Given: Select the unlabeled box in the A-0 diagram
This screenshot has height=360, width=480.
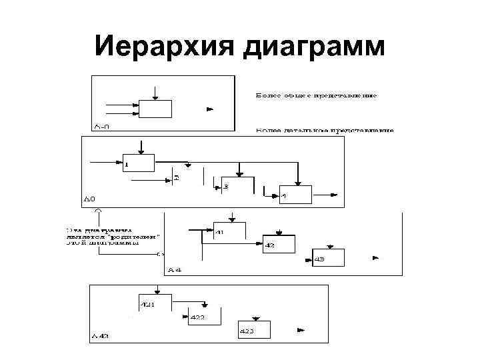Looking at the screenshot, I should (x=155, y=109).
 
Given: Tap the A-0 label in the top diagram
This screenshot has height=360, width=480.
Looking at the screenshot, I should (x=102, y=125).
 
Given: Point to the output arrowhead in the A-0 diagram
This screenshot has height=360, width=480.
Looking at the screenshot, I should (x=210, y=108).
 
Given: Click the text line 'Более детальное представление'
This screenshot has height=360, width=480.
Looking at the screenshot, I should (x=325, y=130).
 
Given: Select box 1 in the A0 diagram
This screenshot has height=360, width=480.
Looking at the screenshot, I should (x=139, y=162).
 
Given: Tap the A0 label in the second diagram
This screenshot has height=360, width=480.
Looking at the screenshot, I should (x=89, y=199).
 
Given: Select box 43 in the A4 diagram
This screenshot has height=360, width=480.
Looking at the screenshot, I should (x=327, y=258).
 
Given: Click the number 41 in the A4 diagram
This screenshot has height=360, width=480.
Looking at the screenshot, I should (x=221, y=233).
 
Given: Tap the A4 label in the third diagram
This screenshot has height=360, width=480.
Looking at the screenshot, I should (x=175, y=269).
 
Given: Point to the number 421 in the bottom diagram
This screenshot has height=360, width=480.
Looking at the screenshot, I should (x=147, y=305).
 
